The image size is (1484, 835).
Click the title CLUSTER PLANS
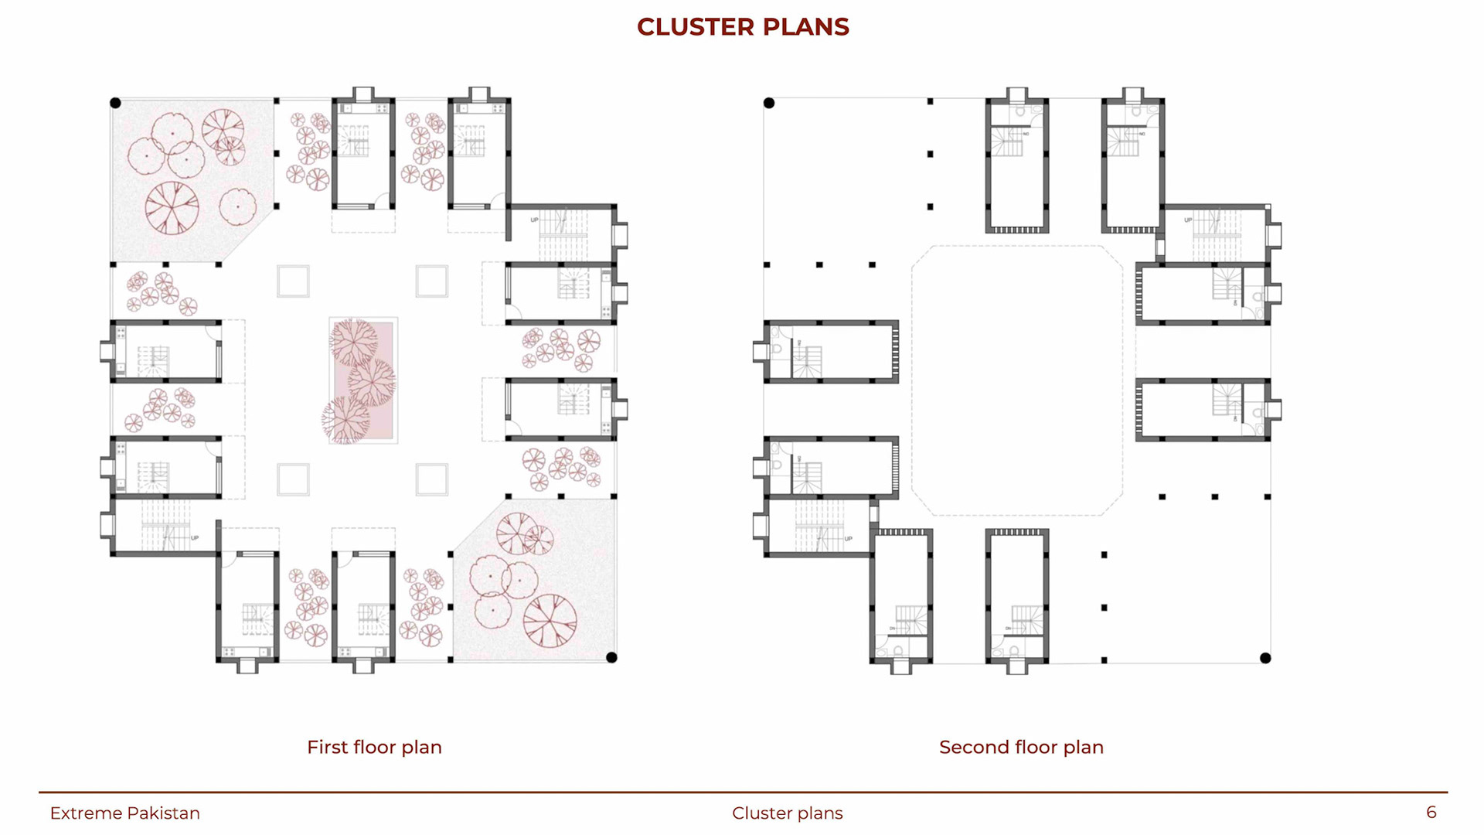click(x=743, y=27)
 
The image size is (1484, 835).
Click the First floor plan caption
click(x=374, y=747)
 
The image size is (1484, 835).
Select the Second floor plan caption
click(x=1021, y=747)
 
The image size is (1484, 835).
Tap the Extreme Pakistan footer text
click(x=124, y=813)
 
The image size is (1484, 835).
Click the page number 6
click(x=1431, y=812)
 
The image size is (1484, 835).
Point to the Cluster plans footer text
click(x=787, y=813)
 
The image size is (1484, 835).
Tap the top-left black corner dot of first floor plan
click(x=116, y=103)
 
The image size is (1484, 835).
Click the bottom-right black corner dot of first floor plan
click(x=611, y=658)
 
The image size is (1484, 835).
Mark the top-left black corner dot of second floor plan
click(x=769, y=103)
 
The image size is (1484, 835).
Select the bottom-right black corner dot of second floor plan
click(x=1265, y=659)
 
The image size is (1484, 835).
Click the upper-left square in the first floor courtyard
click(x=294, y=281)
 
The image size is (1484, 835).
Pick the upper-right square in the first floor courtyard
click(x=431, y=281)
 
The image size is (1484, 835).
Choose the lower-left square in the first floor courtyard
click(x=294, y=480)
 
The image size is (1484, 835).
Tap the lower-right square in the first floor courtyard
click(x=431, y=480)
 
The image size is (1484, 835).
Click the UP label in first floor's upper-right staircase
click(x=534, y=220)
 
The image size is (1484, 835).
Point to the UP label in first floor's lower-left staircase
click(x=195, y=538)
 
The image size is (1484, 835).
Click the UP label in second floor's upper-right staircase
click(x=1188, y=220)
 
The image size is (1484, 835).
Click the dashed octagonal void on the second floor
click(x=1017, y=380)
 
